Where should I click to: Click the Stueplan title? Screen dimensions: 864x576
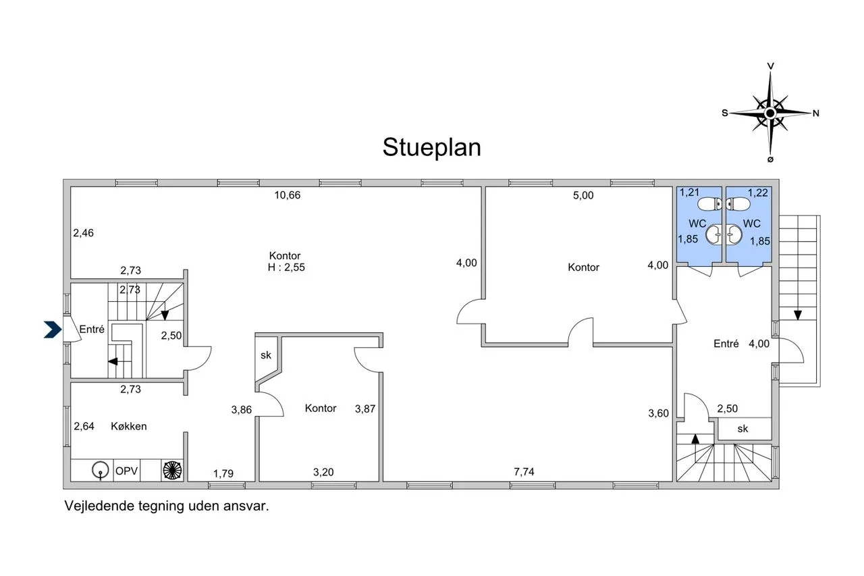(431, 148)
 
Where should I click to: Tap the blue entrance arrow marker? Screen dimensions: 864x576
(53, 330)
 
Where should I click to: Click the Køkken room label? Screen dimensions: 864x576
(129, 426)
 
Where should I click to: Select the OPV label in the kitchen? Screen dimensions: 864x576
(126, 471)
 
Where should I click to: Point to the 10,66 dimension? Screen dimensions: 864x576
(288, 195)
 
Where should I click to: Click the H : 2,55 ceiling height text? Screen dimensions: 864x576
(286, 267)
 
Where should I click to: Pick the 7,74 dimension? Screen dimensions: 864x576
(524, 471)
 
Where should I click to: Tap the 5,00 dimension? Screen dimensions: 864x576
(583, 196)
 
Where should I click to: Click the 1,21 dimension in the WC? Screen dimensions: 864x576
(689, 192)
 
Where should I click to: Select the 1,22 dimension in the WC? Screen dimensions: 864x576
(758, 192)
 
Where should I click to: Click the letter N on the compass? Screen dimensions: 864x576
(816, 113)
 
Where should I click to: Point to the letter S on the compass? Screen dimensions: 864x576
(725, 113)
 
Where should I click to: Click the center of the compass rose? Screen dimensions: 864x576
(770, 113)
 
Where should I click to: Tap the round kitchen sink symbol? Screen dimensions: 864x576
(101, 470)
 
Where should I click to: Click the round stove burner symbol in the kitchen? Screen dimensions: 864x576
(172, 470)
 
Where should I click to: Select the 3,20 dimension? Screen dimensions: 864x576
(323, 472)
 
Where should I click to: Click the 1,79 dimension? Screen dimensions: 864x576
(223, 473)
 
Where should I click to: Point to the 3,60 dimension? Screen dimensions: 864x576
(658, 413)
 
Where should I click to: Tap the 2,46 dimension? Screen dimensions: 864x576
(83, 233)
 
